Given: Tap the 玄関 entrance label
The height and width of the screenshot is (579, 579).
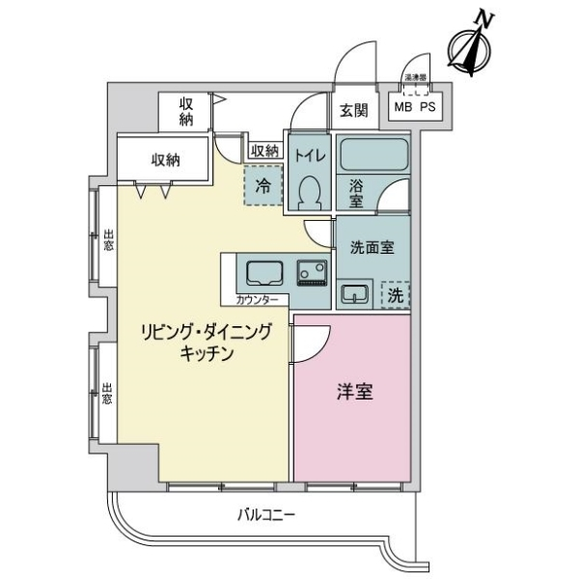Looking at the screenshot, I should pyautogui.click(x=353, y=111).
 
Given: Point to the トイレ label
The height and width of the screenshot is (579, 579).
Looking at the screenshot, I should pyautogui.click(x=310, y=154).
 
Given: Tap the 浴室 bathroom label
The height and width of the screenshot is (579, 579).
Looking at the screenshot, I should pyautogui.click(x=355, y=193).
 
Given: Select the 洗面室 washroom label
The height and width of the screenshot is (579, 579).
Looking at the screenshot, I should pyautogui.click(x=372, y=247).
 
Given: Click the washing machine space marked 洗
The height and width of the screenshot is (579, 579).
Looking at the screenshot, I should pyautogui.click(x=395, y=294).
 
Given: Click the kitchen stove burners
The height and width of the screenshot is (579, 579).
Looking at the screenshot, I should pyautogui.click(x=311, y=273).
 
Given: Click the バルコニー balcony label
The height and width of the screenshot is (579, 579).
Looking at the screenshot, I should pyautogui.click(x=266, y=514).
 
